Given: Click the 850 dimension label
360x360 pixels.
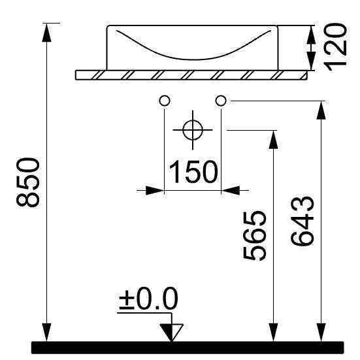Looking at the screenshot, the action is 28,182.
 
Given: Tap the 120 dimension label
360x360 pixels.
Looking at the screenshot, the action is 335,47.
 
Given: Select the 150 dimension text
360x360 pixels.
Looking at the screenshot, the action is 193,172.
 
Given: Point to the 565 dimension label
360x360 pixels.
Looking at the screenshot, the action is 255,236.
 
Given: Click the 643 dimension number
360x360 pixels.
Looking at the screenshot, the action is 302,221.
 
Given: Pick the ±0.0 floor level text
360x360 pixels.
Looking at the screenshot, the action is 148,298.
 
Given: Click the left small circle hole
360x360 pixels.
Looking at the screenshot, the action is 165,101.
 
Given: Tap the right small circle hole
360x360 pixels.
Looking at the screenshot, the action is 221,101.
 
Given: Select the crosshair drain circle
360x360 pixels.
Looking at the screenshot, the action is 193,130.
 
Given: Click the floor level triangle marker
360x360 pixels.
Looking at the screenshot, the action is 171,332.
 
